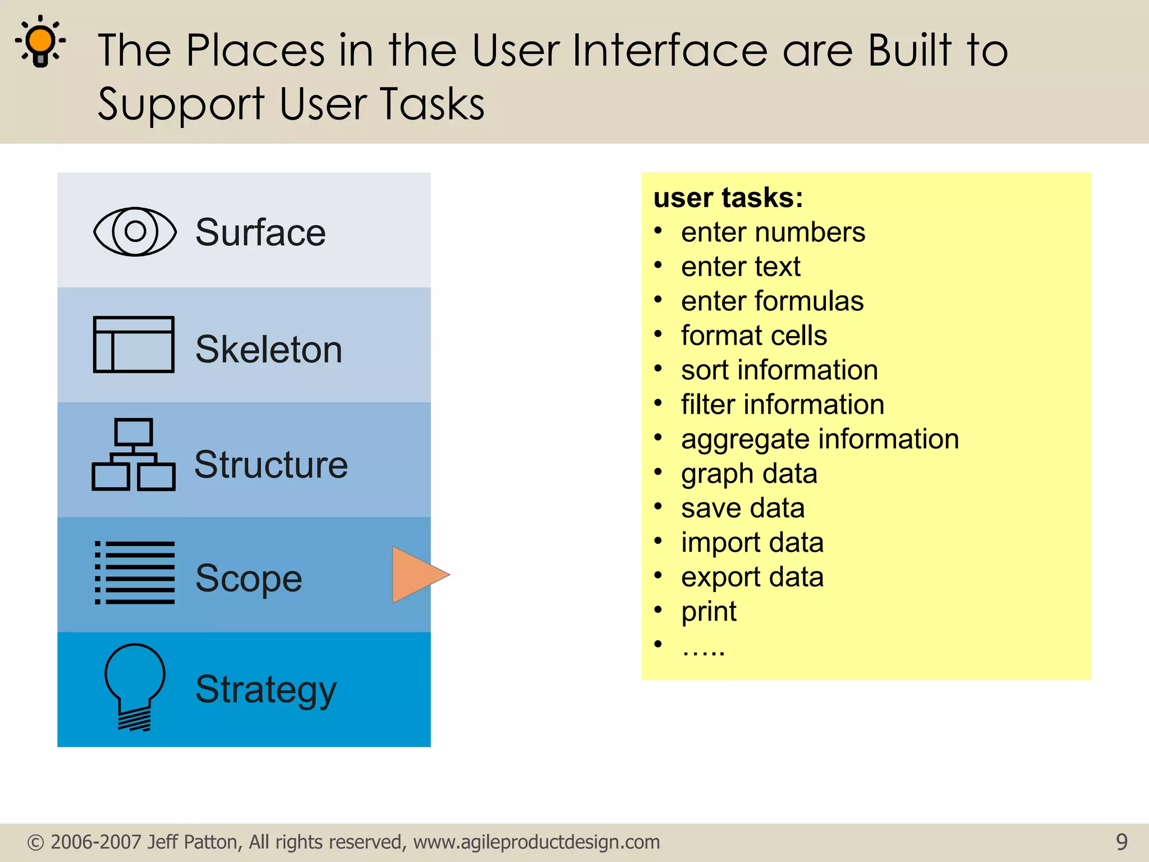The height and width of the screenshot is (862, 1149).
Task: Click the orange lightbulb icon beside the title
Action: [x=40, y=43]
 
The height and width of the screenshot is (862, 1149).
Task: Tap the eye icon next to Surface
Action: [x=135, y=231]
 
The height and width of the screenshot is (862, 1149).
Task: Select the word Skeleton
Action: [x=268, y=349]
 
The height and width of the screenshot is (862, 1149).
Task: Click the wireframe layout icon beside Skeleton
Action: [x=134, y=344]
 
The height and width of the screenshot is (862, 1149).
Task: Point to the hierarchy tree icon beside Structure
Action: [x=134, y=455]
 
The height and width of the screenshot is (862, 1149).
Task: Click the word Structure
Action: [x=271, y=465]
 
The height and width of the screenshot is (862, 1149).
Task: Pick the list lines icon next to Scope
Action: [x=135, y=573]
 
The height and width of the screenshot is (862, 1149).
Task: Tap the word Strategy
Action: [x=266, y=689]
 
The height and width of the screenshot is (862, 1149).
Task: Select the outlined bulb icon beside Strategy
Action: [x=135, y=686]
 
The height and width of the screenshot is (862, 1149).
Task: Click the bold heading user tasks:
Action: [x=728, y=198]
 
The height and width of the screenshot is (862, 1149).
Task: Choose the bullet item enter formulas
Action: [x=772, y=301]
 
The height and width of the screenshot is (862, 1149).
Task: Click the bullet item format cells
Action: [x=753, y=336]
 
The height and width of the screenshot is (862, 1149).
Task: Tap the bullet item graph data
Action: [x=748, y=474]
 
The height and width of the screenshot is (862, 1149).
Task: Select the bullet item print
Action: [x=709, y=612]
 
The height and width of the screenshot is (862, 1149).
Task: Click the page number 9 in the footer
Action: [x=1121, y=842]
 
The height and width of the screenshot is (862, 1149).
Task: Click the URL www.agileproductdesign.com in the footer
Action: [x=536, y=842]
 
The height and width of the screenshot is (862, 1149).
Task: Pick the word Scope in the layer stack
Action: [x=249, y=578]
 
